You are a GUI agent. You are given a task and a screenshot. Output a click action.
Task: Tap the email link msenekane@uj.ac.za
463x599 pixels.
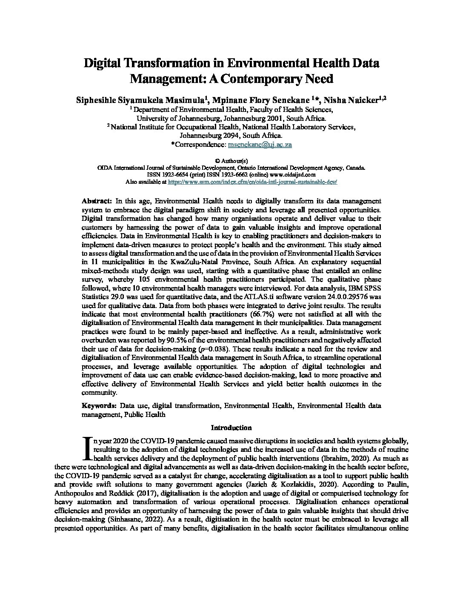[260, 145]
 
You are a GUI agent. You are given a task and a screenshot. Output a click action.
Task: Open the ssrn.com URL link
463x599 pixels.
[253, 181]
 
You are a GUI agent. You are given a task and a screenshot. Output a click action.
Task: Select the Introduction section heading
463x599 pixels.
[231, 428]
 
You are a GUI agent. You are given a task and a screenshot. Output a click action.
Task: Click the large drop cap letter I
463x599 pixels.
[88, 448]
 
